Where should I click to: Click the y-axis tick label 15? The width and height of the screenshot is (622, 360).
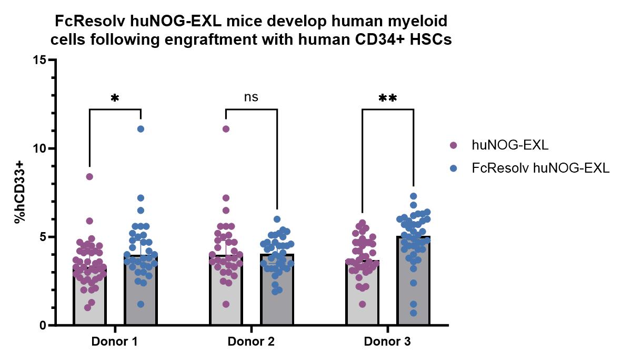[39, 60]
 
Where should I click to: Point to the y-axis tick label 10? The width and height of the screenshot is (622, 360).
[39, 148]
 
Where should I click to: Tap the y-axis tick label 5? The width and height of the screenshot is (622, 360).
[42, 237]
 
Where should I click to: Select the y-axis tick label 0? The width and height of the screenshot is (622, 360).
[42, 325]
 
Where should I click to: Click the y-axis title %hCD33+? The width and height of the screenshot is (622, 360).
[20, 193]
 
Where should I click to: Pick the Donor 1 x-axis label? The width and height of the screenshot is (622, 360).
[115, 342]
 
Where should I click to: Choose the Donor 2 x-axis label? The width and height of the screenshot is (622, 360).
[251, 342]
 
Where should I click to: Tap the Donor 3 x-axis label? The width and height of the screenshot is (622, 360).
[387, 342]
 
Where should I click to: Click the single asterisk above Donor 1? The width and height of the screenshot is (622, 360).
[115, 98]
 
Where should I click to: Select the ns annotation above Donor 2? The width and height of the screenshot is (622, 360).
[251, 97]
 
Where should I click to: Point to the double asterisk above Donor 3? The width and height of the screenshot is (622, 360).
[387, 98]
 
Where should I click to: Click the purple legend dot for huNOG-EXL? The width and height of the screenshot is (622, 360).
[454, 144]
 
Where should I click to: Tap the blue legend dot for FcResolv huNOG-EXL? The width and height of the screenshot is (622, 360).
[454, 168]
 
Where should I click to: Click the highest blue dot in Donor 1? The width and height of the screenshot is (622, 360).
[141, 129]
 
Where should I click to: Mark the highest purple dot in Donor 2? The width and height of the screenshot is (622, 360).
[226, 129]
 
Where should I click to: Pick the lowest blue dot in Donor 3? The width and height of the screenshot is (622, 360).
[414, 313]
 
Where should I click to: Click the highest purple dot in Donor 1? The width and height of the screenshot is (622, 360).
[89, 177]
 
